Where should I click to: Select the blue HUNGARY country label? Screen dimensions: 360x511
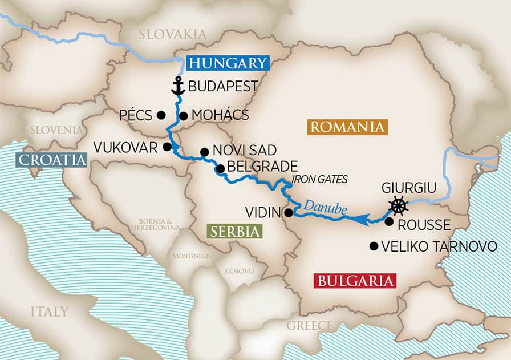click(x=226, y=63)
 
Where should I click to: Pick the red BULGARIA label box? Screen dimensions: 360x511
click(x=354, y=281)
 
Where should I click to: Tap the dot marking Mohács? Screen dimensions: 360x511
click(x=184, y=116)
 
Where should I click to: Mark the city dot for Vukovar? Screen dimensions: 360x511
click(x=167, y=147)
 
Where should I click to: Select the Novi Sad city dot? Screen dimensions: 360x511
click(x=204, y=152)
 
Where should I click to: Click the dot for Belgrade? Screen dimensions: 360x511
click(x=220, y=168)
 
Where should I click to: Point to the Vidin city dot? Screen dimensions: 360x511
click(x=289, y=213)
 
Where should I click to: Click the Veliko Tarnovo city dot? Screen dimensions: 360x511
click(x=374, y=246)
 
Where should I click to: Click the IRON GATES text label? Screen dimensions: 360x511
click(x=319, y=179)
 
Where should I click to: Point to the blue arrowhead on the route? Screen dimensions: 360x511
click(x=360, y=218)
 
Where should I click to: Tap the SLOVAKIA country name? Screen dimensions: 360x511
click(x=173, y=34)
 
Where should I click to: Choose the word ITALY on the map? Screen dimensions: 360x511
click(x=50, y=312)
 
